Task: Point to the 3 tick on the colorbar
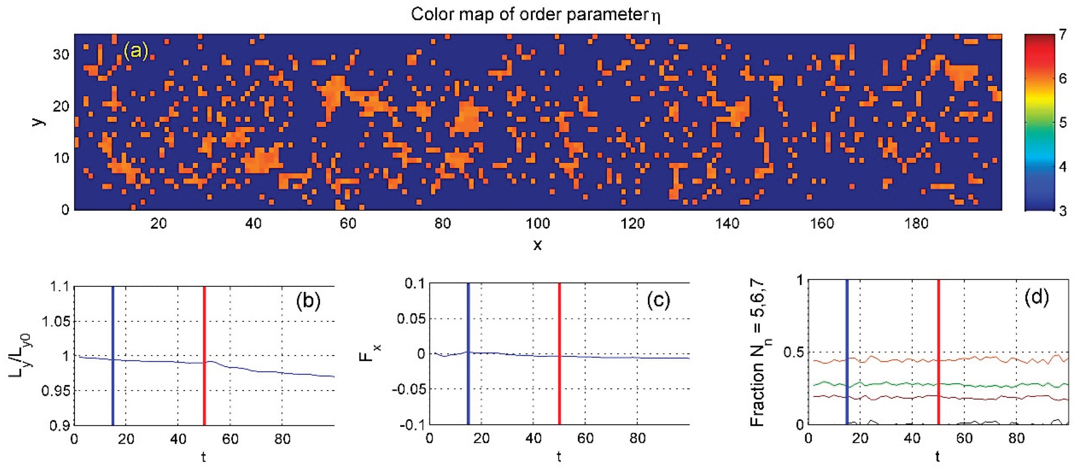pyautogui.click(x=1062, y=211)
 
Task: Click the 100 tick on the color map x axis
pyautogui.click(x=537, y=224)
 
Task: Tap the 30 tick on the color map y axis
pyautogui.click(x=61, y=54)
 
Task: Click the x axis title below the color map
pyautogui.click(x=537, y=245)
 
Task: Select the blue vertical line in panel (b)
pyautogui.click(x=113, y=355)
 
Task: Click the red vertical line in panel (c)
pyautogui.click(x=559, y=355)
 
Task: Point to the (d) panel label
pyautogui.click(x=1036, y=297)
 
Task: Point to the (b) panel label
pyautogui.click(x=308, y=300)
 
